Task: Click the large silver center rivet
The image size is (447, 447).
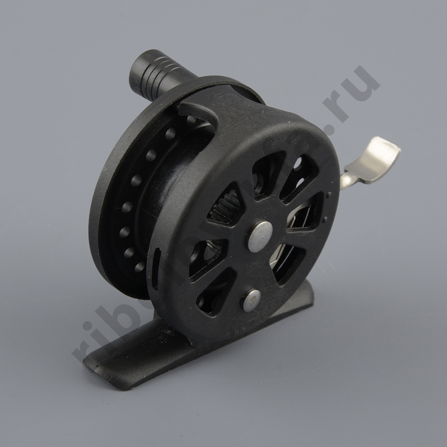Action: click(x=260, y=236)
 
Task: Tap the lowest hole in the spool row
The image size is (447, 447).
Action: click(x=140, y=267)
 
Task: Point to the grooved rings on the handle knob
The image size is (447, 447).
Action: click(x=164, y=76)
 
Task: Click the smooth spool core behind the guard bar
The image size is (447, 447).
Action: click(x=172, y=179)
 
